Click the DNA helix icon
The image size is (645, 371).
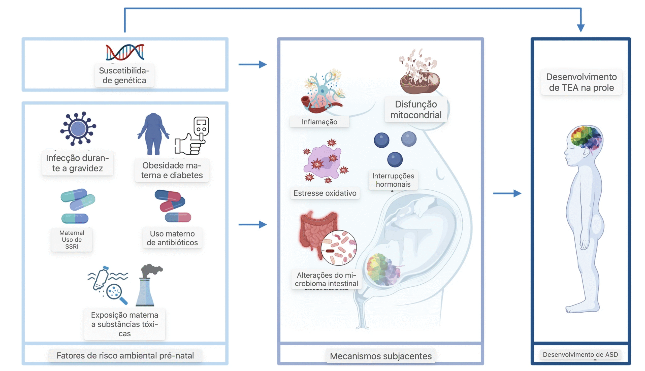coord(125,52)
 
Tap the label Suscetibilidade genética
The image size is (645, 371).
coord(124,75)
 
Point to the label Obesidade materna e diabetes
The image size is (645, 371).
coord(172,171)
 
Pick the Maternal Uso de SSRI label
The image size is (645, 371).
coord(72,240)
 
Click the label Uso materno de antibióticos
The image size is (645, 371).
coord(172,238)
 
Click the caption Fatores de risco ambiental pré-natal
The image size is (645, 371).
coord(125,355)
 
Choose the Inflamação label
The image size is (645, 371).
coord(319,122)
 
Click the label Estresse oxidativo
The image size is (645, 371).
coord(325,193)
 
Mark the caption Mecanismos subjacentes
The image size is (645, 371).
coord(380,356)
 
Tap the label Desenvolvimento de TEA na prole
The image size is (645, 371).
coord(581,82)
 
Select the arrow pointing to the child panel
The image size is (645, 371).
coord(507,193)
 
